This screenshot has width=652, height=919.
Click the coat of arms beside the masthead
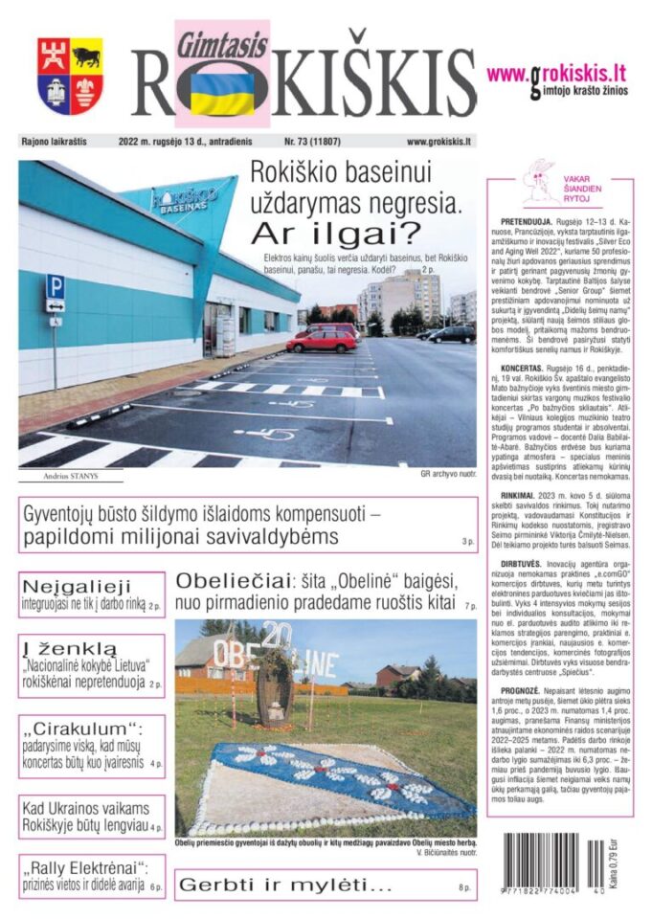tap(70, 76)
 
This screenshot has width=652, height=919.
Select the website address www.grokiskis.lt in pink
tap(555, 74)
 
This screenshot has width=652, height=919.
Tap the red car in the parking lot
tap(322, 340)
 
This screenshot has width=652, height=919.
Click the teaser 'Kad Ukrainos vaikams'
tap(90, 807)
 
